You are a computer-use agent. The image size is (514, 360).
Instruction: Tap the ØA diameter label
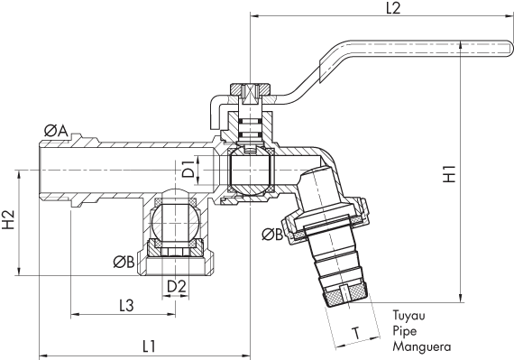click(x=56, y=132)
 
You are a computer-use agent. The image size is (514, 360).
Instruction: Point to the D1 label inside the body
click(x=188, y=169)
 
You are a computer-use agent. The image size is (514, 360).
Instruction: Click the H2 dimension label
click(x=9, y=219)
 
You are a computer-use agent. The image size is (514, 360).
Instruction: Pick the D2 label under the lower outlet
click(x=177, y=286)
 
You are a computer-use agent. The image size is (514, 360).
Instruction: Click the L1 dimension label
click(x=149, y=345)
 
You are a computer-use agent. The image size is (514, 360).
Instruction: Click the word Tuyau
click(x=408, y=317)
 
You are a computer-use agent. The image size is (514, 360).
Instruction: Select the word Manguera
click(x=421, y=346)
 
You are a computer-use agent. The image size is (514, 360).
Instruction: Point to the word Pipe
click(x=404, y=331)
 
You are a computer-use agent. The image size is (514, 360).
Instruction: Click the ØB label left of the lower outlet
click(x=124, y=263)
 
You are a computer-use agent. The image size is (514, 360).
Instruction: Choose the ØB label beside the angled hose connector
click(x=272, y=235)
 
